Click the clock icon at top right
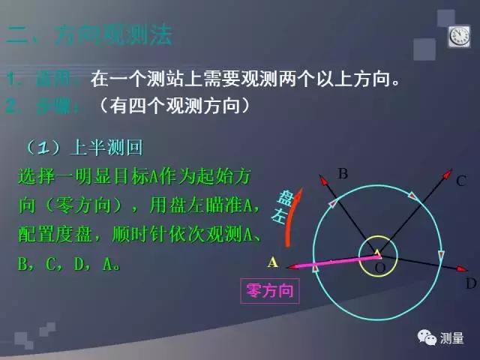[458, 37]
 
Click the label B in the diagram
[343, 174]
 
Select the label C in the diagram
[460, 180]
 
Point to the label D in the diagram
[470, 283]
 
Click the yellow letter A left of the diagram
[273, 262]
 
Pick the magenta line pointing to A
[330, 262]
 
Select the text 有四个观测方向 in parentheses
[173, 106]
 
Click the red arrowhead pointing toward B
[322, 179]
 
